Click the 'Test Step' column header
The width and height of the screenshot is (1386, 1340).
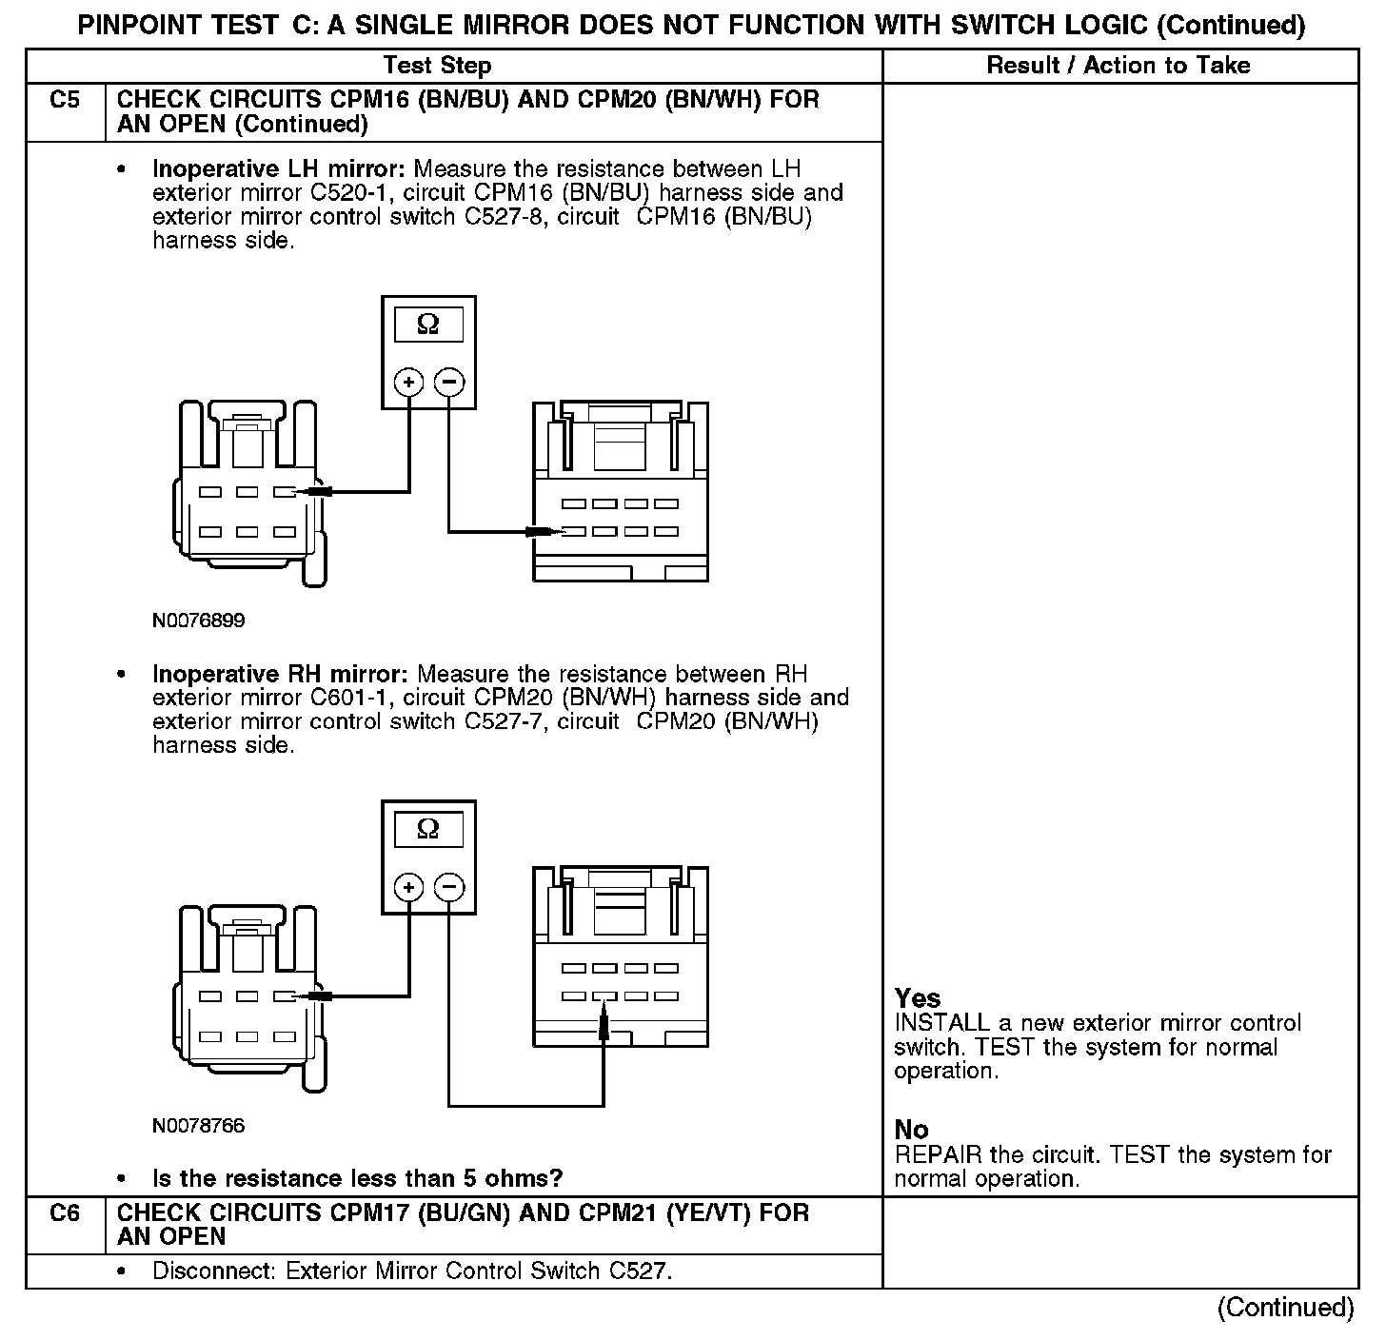coord(437,66)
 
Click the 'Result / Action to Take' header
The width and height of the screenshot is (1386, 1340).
coord(1119,66)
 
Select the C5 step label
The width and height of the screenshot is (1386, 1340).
coord(65,100)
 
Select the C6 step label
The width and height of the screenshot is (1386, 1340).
coord(65,1213)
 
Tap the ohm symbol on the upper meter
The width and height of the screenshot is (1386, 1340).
coord(428,325)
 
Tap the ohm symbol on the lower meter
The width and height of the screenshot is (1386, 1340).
coord(428,830)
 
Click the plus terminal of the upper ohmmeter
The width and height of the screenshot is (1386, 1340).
coord(409,383)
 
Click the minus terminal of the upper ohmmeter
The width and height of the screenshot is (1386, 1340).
coord(449,383)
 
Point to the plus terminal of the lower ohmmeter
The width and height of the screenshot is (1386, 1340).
coord(409,888)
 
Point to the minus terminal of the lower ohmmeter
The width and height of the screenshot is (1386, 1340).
coord(449,888)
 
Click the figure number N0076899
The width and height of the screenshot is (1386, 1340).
coord(199,621)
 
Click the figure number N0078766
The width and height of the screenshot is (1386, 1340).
coord(199,1126)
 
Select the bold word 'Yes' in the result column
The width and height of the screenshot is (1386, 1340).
coord(918,998)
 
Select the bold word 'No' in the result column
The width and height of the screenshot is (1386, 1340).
coord(911,1130)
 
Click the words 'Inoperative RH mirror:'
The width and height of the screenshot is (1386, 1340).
coord(281,675)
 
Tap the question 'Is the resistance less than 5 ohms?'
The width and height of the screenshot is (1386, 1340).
coord(358,1179)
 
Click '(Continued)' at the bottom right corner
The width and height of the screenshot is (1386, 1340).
coord(1285,1308)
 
